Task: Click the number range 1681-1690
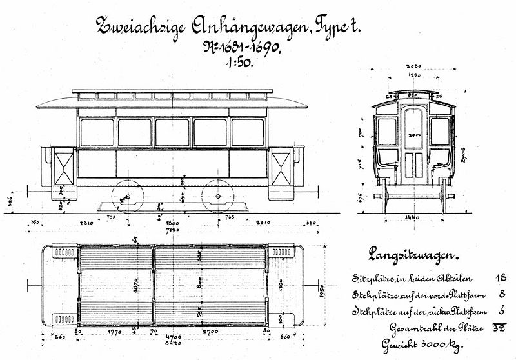click(247, 47)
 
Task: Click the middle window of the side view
click(172, 132)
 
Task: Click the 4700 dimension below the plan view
click(173, 337)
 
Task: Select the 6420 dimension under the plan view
click(173, 344)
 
